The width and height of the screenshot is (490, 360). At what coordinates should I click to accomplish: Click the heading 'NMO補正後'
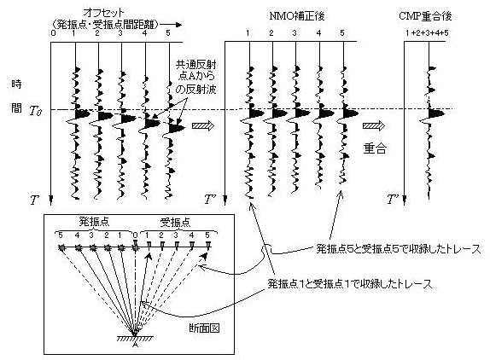[x=296, y=16]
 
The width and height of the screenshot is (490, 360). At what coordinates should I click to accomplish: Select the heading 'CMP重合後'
[x=425, y=15]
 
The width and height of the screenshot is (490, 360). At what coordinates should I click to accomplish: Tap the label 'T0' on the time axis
[x=36, y=111]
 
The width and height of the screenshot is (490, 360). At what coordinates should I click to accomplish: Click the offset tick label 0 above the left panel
[x=54, y=32]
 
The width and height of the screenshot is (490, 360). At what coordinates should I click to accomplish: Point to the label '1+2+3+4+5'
[x=427, y=32]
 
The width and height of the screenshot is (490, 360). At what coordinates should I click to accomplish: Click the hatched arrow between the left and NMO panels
[x=203, y=125]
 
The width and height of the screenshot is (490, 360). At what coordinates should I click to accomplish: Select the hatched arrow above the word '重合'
[x=373, y=125]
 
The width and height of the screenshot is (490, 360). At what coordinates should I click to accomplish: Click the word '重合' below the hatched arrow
[x=375, y=148]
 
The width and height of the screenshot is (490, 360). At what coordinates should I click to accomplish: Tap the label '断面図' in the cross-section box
[x=204, y=328]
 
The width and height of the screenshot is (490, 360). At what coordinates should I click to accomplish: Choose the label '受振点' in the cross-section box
[x=175, y=222]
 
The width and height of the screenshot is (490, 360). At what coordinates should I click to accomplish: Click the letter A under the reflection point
[x=135, y=344]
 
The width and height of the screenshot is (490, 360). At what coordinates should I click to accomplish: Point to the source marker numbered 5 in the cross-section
[x=61, y=247]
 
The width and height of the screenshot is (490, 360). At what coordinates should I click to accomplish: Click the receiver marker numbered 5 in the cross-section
[x=207, y=245]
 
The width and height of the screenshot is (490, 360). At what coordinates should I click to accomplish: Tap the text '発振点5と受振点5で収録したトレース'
[x=399, y=249]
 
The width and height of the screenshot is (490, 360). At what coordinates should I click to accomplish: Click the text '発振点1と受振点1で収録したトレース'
[x=350, y=284]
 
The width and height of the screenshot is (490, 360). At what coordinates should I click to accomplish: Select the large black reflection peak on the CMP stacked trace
[x=436, y=113]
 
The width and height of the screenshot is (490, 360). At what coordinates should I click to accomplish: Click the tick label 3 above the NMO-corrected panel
[x=295, y=32]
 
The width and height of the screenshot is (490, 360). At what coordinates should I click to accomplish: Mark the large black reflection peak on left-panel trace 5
[x=177, y=127]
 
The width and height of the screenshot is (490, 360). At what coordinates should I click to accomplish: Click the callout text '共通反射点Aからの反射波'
[x=196, y=77]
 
